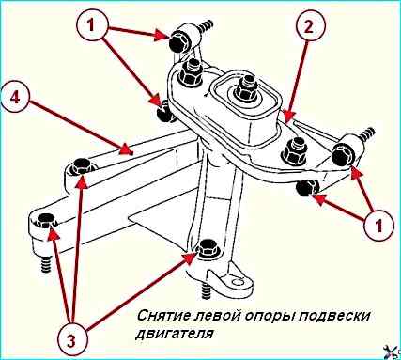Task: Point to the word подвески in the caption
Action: [x=332, y=316]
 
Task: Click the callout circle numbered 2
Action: [x=308, y=25]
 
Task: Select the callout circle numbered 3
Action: [x=71, y=340]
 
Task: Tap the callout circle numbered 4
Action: [x=15, y=98]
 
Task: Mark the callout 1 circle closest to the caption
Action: [x=378, y=226]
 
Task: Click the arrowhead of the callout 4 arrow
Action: [x=125, y=149]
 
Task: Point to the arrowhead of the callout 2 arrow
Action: [x=288, y=115]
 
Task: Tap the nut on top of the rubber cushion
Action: [x=247, y=90]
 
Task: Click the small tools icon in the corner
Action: [x=393, y=352]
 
